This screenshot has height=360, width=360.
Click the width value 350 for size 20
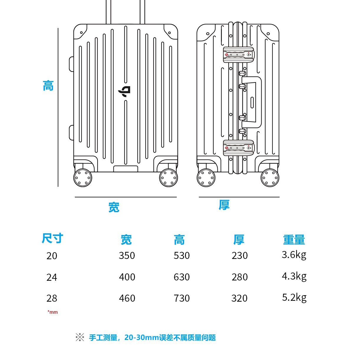click(127, 255)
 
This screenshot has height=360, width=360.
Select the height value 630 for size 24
click(182, 277)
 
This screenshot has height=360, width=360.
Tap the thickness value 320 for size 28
click(240, 298)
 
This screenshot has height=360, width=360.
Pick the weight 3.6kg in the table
click(294, 255)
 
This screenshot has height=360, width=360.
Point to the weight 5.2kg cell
click(294, 298)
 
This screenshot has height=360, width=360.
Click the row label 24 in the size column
click(52, 277)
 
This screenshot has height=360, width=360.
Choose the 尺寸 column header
click(53, 238)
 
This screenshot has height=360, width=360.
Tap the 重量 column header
click(294, 240)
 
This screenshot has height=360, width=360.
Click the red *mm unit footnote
click(53, 312)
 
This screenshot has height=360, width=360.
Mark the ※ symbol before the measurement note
click(80, 337)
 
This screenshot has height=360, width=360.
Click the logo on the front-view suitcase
click(125, 91)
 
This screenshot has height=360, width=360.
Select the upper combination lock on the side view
click(238, 55)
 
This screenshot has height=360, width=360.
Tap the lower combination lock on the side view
click(238, 148)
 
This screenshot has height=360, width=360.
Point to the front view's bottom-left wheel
click(83, 178)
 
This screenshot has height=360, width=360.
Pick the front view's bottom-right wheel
click(169, 178)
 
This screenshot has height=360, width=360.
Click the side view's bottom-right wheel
click(270, 178)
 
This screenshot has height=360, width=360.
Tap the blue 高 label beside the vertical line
click(48, 86)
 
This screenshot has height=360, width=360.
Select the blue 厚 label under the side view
click(224, 205)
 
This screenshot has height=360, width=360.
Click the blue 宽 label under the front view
click(114, 207)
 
